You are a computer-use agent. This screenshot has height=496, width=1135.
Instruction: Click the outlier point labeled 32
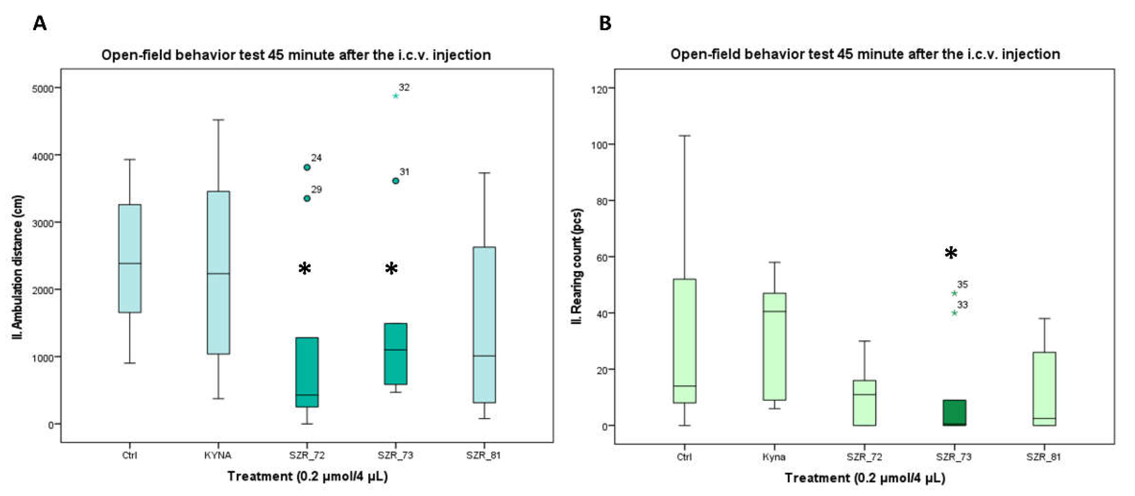click(395, 96)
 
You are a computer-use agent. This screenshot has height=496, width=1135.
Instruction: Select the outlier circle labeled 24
click(307, 167)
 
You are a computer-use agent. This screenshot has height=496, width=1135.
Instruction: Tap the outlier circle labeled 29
click(307, 198)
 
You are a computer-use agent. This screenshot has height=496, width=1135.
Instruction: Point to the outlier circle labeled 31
click(396, 181)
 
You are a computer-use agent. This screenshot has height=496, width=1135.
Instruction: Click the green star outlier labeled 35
click(954, 293)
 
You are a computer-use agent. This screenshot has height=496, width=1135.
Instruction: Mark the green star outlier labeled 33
click(954, 313)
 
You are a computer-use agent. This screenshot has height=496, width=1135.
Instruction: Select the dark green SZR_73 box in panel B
click(954, 413)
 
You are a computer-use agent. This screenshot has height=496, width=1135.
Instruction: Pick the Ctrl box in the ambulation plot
click(130, 258)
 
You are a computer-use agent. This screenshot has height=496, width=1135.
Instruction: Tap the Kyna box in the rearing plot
click(775, 347)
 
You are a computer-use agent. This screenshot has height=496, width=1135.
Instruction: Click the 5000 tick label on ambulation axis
click(42, 89)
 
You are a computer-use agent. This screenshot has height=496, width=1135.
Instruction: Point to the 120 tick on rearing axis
click(599, 89)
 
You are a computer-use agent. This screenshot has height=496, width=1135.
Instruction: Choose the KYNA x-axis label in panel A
click(218, 455)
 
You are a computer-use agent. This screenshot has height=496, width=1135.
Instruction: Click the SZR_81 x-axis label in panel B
click(1043, 457)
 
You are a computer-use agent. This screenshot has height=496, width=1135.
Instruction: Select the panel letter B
click(606, 23)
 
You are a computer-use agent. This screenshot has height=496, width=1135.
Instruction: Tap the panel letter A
click(40, 23)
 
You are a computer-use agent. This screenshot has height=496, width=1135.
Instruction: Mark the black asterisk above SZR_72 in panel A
click(305, 268)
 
